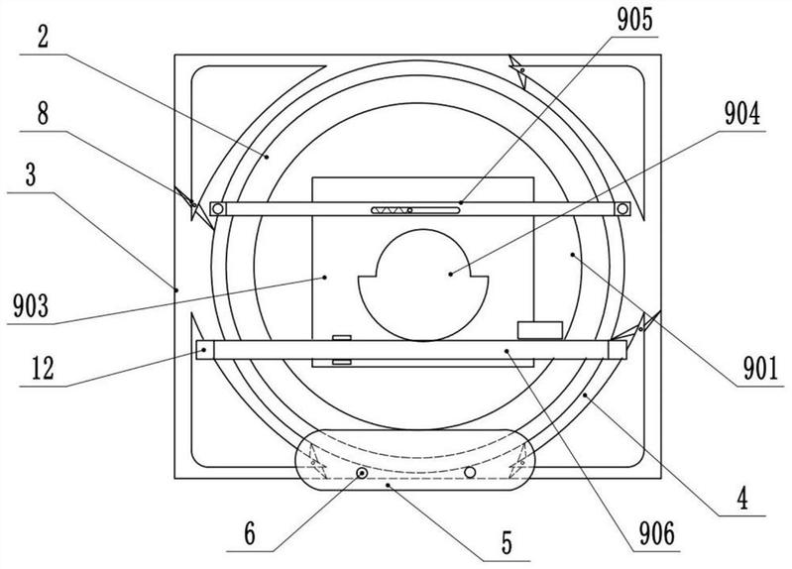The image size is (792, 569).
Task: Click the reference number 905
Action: (x=635, y=20)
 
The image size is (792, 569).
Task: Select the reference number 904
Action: (x=742, y=114)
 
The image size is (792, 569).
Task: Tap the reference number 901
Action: (x=760, y=369)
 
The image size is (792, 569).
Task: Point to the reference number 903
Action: (x=31, y=305)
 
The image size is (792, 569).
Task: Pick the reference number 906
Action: (x=656, y=533)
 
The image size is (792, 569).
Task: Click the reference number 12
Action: (x=43, y=368)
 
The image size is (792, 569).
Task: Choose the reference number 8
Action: (x=43, y=114)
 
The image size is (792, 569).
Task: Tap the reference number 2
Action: (x=43, y=37)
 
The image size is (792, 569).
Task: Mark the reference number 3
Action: (x=31, y=174)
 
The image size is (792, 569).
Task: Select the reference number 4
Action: (x=742, y=499)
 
